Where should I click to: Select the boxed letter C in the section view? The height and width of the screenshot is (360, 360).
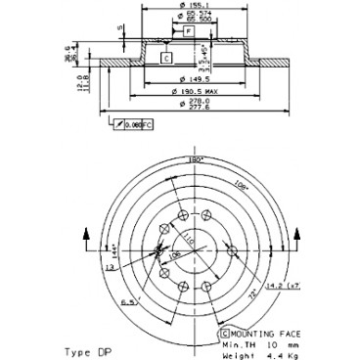coord(167,59)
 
